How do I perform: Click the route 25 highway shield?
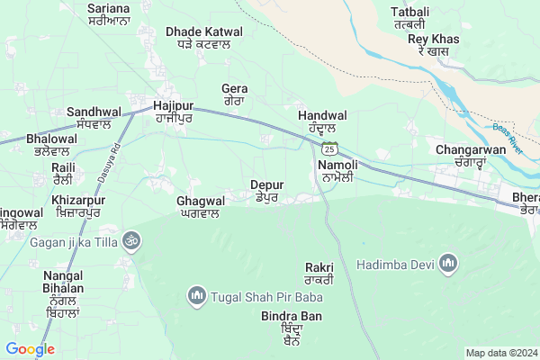[331, 148]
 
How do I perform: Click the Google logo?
[30, 349]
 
